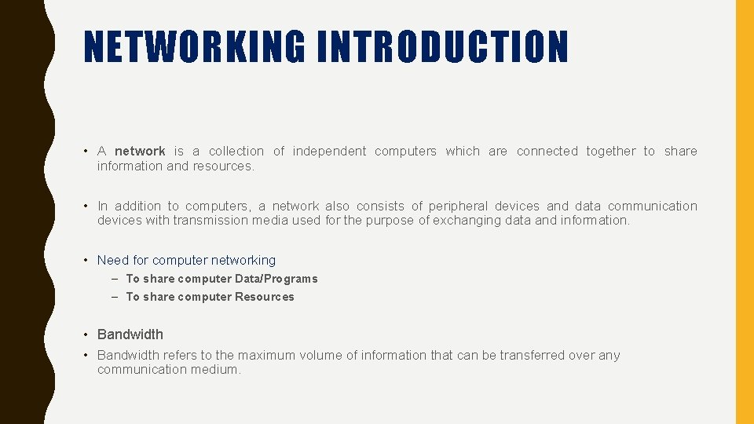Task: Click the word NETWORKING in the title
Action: coord(194,46)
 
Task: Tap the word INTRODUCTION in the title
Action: coord(443,46)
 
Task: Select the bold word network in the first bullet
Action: coord(140,152)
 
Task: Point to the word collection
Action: coord(236,152)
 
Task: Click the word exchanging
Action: coord(468,221)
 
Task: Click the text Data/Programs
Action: coord(276,279)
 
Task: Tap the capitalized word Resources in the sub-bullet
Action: coord(265,297)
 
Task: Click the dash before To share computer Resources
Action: coord(115,297)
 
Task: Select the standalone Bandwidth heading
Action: coord(130,334)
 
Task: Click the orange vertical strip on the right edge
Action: coord(744,212)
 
